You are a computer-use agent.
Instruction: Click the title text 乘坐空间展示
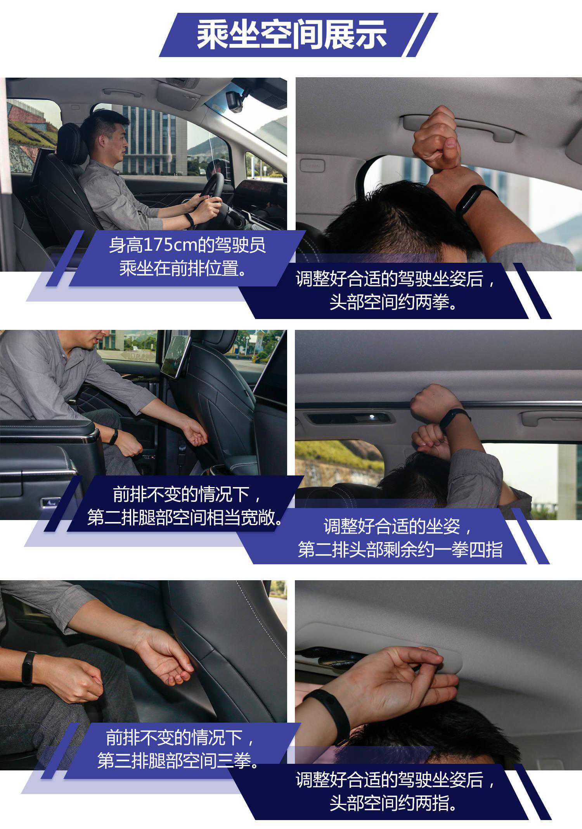click(x=291, y=35)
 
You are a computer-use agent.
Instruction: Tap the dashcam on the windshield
click(x=235, y=101)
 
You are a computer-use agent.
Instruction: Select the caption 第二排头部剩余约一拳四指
click(x=400, y=550)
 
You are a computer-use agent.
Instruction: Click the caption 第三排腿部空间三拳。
click(x=178, y=761)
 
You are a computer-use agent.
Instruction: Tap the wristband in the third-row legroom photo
click(x=28, y=668)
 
